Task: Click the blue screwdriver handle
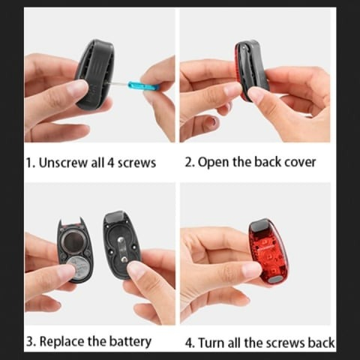tap(138, 85)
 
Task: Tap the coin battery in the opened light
tap(78, 268)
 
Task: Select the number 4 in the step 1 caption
tap(110, 163)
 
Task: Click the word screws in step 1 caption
tap(136, 163)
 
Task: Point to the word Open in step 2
tap(214, 163)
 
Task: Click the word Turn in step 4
tap(211, 343)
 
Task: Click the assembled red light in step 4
tap(268, 253)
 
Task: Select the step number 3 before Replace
tap(30, 341)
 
